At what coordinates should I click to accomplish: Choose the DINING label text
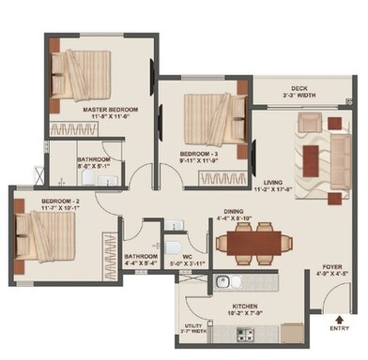(x=235, y=212)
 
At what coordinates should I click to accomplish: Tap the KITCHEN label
(x=233, y=306)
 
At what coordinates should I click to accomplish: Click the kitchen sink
(x=222, y=281)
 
